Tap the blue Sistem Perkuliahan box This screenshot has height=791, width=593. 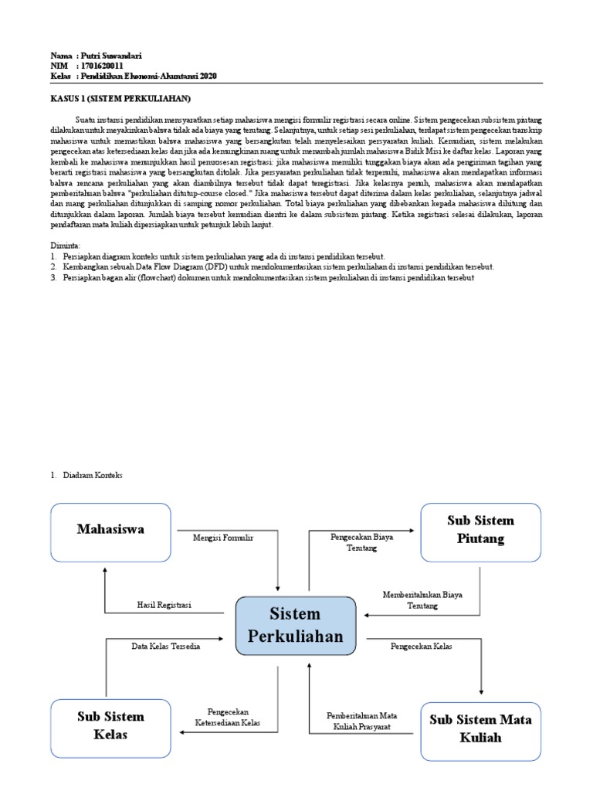click(x=294, y=625)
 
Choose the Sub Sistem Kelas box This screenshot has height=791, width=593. click(x=110, y=725)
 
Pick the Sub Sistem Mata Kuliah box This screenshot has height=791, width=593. click(x=480, y=728)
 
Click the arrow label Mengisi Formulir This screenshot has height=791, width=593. click(x=223, y=537)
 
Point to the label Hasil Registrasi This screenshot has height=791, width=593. click(x=164, y=606)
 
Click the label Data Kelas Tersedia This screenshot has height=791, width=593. click(x=166, y=646)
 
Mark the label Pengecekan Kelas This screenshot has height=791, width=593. click(x=422, y=644)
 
